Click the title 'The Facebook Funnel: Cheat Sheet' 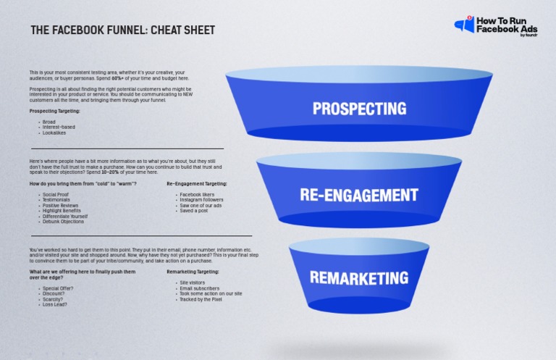[x=122, y=30]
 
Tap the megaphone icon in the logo [x=463, y=25]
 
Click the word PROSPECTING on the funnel [x=359, y=109]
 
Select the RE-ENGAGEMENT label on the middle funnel [x=359, y=194]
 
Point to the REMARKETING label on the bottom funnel [x=359, y=277]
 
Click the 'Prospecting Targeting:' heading [x=55, y=112]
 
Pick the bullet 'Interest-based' [x=59, y=127]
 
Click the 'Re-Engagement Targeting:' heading [x=197, y=184]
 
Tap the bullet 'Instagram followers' [x=202, y=201]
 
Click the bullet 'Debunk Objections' [x=64, y=222]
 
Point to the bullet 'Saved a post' [x=193, y=211]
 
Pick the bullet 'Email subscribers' [x=200, y=288]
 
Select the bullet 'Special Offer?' [x=58, y=288]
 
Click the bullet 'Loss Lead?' [x=55, y=304]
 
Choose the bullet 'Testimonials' [x=57, y=200]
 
